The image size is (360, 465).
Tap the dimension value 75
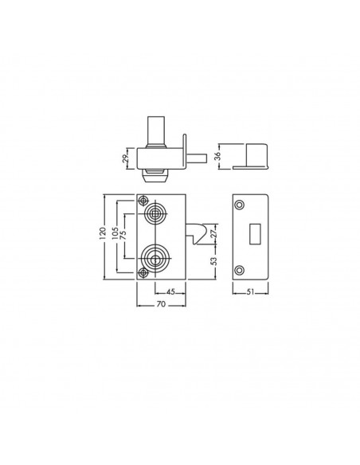tap(123, 236)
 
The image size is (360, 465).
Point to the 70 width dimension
tap(160, 305)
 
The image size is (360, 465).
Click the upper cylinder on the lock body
tap(155, 213)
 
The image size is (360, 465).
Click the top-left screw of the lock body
tap(144, 201)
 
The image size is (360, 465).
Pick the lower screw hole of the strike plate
tap(240, 269)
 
